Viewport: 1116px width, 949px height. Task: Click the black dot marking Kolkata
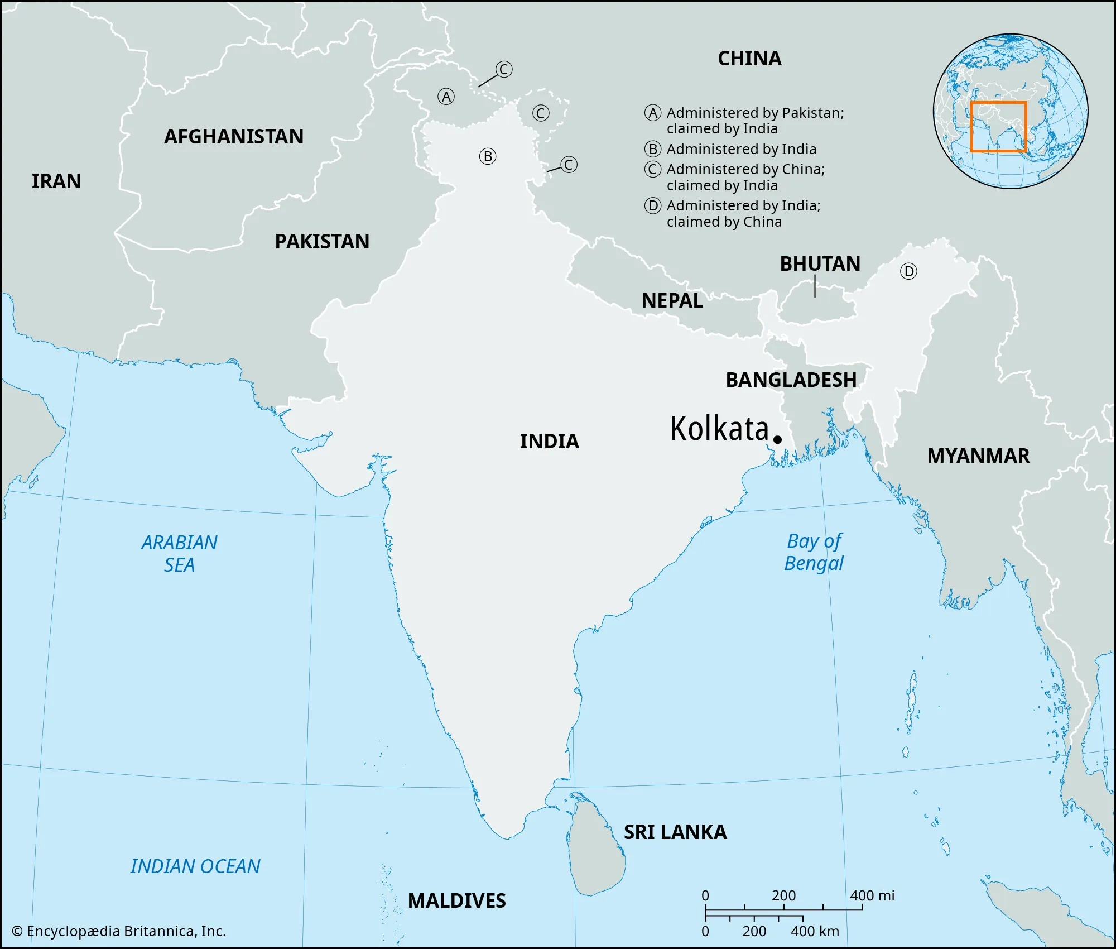777,439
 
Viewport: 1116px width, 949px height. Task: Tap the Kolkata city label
719,429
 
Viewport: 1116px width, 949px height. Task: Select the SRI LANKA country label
675,832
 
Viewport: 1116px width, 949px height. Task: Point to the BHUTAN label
820,264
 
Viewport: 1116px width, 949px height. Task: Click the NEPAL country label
672,301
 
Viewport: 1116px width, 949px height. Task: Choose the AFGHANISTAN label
234,137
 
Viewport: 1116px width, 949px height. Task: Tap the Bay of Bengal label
814,552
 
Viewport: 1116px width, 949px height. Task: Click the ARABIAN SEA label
179,554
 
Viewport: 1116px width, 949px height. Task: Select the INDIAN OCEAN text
195,866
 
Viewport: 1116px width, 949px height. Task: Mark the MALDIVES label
456,900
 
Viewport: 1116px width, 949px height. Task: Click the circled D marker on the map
908,272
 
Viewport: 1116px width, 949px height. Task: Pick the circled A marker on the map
446,97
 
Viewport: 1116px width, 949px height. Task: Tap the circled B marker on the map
487,156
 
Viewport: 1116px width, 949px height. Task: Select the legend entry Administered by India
741,150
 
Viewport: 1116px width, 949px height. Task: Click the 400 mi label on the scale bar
872,895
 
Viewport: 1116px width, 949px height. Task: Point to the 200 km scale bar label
754,931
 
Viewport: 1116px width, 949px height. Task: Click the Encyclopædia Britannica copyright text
119,931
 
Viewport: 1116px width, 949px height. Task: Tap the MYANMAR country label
978,456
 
